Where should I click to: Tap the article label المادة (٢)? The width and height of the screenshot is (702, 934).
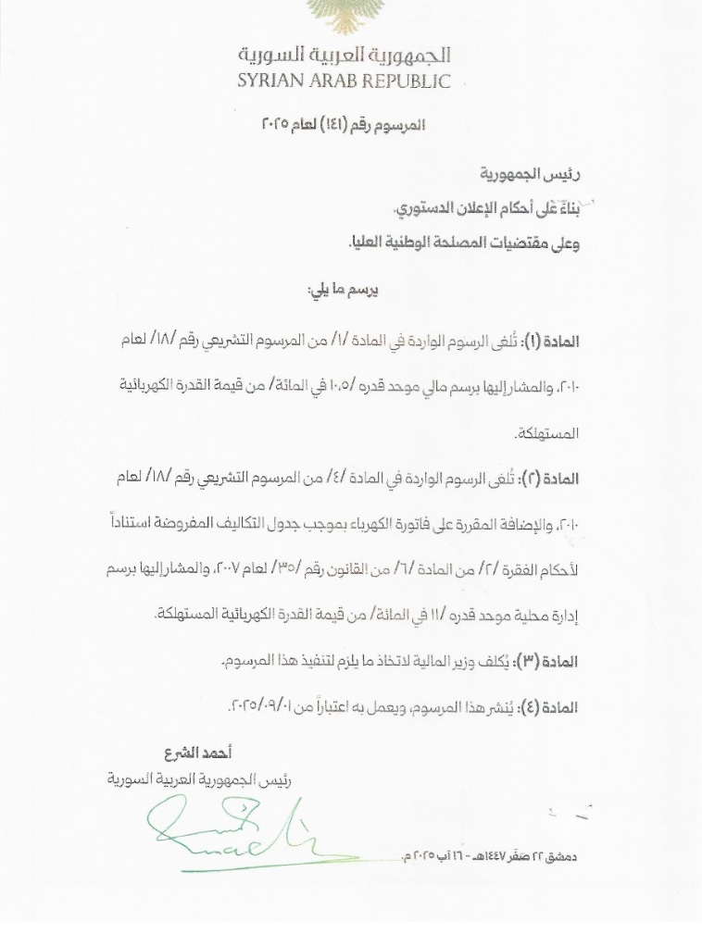click(x=553, y=479)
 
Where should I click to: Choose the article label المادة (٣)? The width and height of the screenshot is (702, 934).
click(x=553, y=661)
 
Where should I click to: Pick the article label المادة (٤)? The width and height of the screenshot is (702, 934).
click(x=553, y=707)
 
